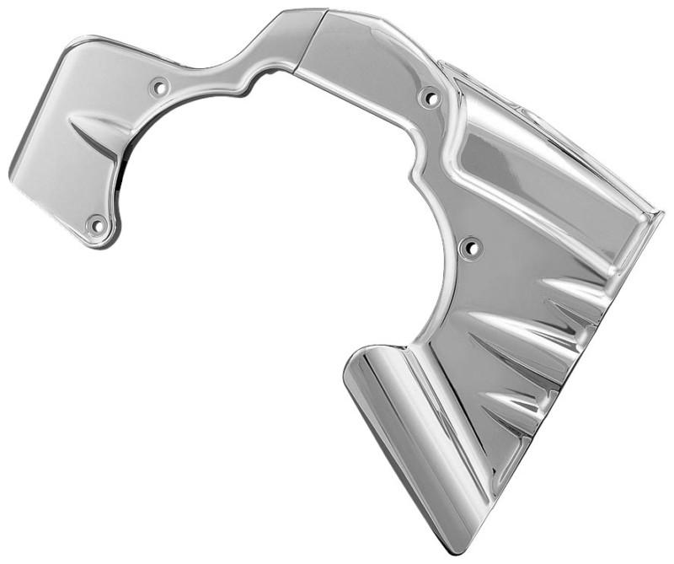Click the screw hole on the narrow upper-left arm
pyautogui.click(x=158, y=86)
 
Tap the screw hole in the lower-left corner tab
pyautogui.click(x=96, y=225)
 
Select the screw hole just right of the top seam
pyautogui.click(x=430, y=98)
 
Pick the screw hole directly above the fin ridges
pyautogui.click(x=469, y=248)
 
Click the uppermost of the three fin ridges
pyautogui.click(x=573, y=292)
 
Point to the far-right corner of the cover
pyautogui.click(x=659, y=214)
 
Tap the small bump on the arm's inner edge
pyautogui.click(x=249, y=85)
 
